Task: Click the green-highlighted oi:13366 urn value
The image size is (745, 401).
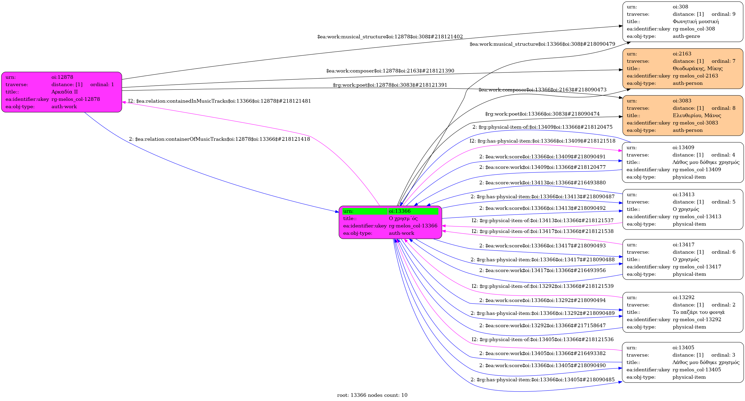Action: click(399, 211)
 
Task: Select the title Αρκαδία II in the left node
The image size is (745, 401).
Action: click(65, 92)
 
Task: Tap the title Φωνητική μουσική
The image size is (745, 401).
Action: click(696, 21)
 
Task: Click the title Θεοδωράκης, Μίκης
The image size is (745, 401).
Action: click(697, 69)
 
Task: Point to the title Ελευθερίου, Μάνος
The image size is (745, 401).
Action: click(697, 116)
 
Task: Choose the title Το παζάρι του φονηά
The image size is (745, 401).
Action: click(699, 312)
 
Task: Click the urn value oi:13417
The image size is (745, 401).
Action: click(683, 244)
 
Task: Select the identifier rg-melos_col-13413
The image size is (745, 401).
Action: click(697, 217)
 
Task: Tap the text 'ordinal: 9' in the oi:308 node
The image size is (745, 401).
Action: click(723, 14)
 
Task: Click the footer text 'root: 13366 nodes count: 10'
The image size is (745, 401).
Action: click(372, 395)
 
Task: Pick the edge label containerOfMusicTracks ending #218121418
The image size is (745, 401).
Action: click(219, 139)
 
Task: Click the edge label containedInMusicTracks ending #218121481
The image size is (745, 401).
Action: click(220, 101)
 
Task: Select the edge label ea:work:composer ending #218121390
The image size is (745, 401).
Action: click(390, 71)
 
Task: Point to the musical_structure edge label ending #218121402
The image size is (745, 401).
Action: click(390, 37)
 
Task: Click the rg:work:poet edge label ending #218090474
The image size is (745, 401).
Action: click(542, 114)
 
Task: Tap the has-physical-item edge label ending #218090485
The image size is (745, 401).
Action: click(543, 380)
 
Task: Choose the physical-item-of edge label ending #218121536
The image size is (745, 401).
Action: click(543, 340)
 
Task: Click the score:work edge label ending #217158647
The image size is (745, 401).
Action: click(542, 326)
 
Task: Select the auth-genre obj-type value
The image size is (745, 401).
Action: click(686, 37)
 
